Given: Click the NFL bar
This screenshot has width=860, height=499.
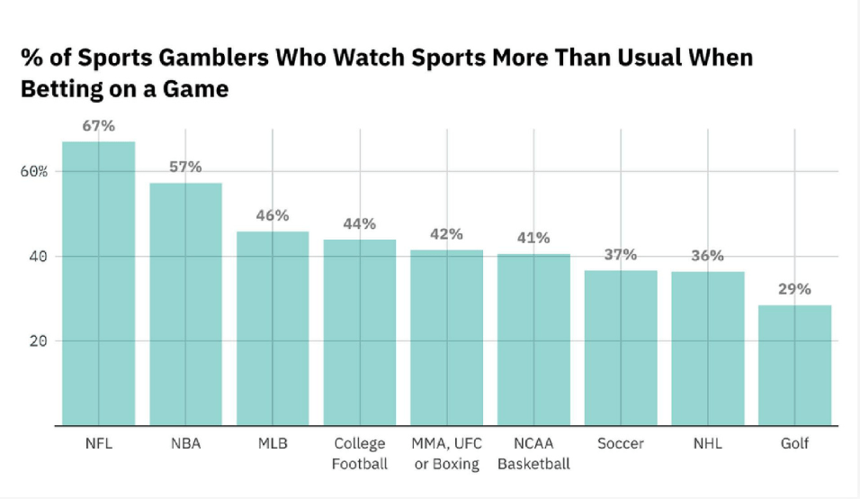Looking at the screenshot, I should point(98,284).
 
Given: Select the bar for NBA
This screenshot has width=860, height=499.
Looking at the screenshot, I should point(185,304).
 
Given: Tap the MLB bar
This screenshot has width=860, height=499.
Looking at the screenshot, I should point(273,329).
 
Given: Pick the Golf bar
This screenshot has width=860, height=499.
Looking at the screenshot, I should point(794,365).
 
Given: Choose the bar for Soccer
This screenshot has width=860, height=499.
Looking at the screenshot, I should point(621,348).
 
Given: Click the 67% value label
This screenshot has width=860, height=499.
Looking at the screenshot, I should point(98,126).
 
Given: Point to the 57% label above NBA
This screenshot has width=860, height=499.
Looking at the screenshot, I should point(185,168).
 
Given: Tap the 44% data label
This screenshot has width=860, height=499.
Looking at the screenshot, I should point(359,224).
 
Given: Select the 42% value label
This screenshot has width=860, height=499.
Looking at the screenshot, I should point(446,234).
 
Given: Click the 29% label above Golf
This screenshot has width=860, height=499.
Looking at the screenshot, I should point(794,289).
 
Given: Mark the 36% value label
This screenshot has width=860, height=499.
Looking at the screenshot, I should point(707,256).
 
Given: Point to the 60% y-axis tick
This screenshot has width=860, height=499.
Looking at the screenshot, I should point(33,172).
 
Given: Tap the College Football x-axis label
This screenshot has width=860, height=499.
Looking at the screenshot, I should point(359,454).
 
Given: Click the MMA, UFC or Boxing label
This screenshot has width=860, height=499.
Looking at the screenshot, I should point(446,454).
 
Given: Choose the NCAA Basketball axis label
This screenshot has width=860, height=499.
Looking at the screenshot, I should point(533,454).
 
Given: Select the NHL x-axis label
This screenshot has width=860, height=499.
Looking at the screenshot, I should point(707,444).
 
